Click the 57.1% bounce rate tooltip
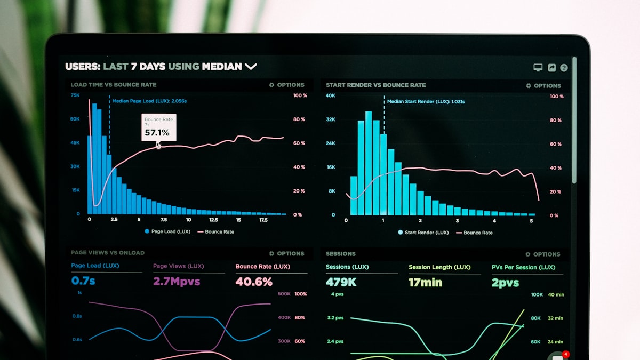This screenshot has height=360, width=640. [x=158, y=128]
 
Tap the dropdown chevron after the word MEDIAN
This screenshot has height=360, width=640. [x=251, y=67]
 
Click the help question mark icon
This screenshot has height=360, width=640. [x=564, y=68]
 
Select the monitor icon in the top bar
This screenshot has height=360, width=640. [x=538, y=68]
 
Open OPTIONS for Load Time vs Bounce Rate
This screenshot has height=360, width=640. [x=287, y=85]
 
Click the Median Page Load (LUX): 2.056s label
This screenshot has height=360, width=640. [x=149, y=101]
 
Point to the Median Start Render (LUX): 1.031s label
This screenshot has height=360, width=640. [x=425, y=101]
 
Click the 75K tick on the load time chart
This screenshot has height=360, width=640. [x=75, y=95]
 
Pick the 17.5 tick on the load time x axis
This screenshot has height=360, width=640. [x=263, y=220]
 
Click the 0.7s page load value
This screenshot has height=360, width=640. [x=83, y=281]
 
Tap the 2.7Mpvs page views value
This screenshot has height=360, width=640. [x=177, y=281]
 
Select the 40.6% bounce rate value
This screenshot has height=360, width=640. [x=254, y=282]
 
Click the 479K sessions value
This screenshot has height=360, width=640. [x=341, y=282]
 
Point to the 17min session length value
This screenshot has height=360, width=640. [x=425, y=283]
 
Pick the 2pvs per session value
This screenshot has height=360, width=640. [x=505, y=283]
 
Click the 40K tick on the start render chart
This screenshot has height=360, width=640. [x=331, y=95]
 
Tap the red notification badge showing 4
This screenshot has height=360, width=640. [x=566, y=354]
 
